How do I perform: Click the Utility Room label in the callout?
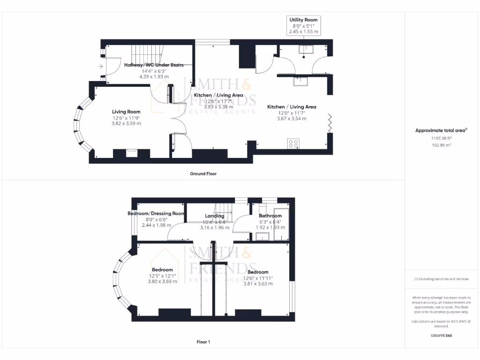(x=303, y=20)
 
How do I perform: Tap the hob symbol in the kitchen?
(x=293, y=143)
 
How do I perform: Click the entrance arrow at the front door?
(x=101, y=67)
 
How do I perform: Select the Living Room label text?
(x=126, y=112)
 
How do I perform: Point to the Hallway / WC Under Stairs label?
(x=154, y=65)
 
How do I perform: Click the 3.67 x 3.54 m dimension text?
(x=292, y=119)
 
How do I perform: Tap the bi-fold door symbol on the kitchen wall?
(x=330, y=123)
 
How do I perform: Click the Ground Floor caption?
(x=203, y=173)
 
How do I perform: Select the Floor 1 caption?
(x=203, y=342)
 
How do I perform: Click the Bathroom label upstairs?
(x=270, y=216)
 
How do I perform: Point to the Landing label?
(x=215, y=216)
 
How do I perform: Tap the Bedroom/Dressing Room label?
(x=156, y=213)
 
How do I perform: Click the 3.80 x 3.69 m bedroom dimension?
(x=163, y=282)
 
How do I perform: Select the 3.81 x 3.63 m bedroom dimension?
(x=258, y=284)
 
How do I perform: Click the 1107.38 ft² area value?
(x=441, y=138)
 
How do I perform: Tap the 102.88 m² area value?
(x=441, y=145)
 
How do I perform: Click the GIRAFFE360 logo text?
(x=441, y=336)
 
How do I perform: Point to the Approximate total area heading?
(x=441, y=131)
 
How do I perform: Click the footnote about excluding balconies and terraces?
(x=441, y=279)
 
